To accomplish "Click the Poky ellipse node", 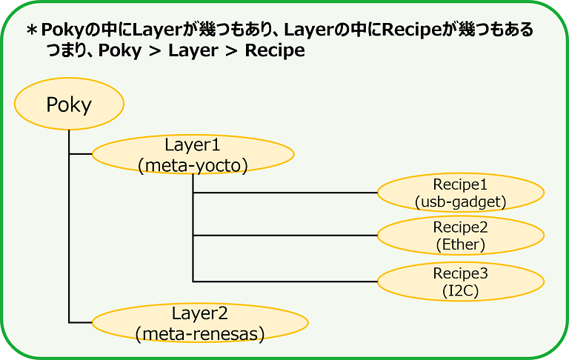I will point(68,104).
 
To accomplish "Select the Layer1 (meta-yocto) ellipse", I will point(193,154).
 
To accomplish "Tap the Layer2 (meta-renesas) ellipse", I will point(200,323).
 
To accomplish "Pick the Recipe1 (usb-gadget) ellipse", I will point(461,193).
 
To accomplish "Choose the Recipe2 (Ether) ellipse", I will point(461,236).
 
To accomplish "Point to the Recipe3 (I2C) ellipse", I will point(461,281).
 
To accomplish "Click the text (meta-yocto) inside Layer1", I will point(193,165).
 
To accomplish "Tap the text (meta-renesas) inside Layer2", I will point(200,334).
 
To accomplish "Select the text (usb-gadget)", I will point(461,201).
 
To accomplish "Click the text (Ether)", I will point(461,244).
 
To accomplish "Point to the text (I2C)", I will point(461,290).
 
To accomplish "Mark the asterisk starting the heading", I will point(31,30).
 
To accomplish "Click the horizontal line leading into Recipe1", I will point(285,193).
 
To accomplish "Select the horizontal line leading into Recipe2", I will point(285,236).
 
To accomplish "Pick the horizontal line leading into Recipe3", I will point(285,281).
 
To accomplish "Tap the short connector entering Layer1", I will point(80,154).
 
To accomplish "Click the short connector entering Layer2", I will point(80,323).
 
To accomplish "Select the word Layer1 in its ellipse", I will point(193,144).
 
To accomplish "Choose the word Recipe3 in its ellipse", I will point(461,273).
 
